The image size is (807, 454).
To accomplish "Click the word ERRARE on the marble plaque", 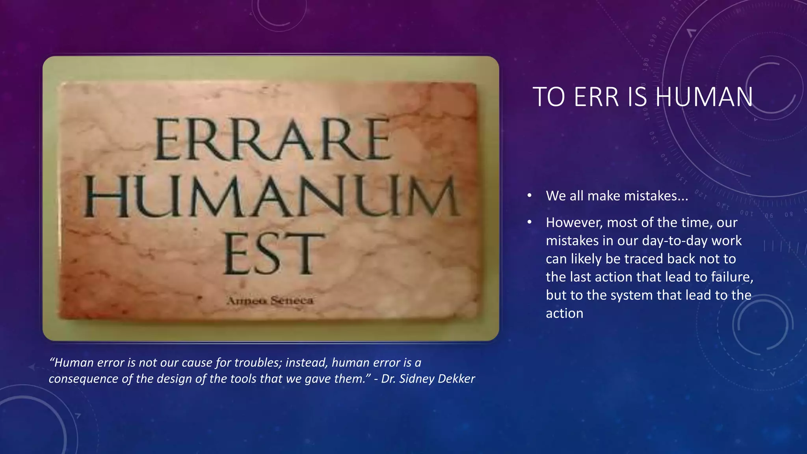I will [x=273, y=140].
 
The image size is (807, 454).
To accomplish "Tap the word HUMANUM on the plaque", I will [x=272, y=197].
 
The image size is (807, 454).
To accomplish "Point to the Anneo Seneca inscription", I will [x=270, y=301].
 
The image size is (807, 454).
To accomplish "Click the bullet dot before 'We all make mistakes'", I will [x=530, y=196].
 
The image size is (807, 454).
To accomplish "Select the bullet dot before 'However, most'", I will [x=530, y=223].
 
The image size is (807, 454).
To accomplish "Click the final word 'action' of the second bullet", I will [x=564, y=313].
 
